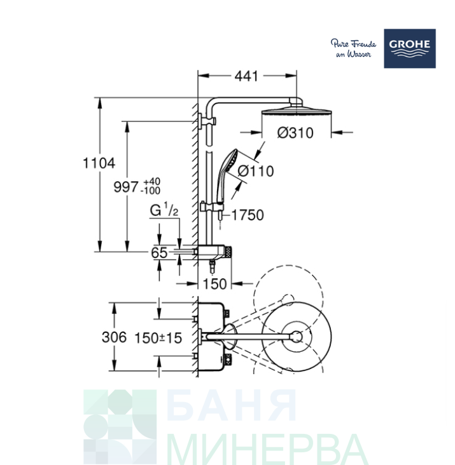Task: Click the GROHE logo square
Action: pos(410,48)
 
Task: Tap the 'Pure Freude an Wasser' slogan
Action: pos(353,48)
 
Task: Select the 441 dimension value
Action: pos(246,76)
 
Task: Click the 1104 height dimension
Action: pos(99,163)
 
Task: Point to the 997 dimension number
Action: pos(126,187)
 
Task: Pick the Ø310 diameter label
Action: pos(295,133)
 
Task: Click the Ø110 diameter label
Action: pos(256,171)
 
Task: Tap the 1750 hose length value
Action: pos(248,215)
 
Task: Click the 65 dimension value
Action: pos(159,253)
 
